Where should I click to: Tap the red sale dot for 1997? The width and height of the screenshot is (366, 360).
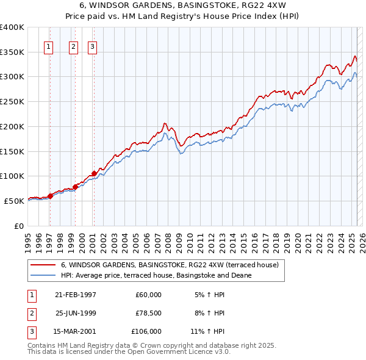tap(50, 196)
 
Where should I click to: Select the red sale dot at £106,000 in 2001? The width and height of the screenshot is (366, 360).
tap(94, 173)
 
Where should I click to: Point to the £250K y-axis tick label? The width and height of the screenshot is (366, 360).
tap(12, 101)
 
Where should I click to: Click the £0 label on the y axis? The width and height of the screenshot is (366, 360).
tap(18, 226)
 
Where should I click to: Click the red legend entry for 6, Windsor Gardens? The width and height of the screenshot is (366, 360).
tap(170, 265)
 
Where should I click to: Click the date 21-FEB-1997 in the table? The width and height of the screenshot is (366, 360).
tap(76, 295)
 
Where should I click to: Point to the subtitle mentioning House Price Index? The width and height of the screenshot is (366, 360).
tap(182, 16)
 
